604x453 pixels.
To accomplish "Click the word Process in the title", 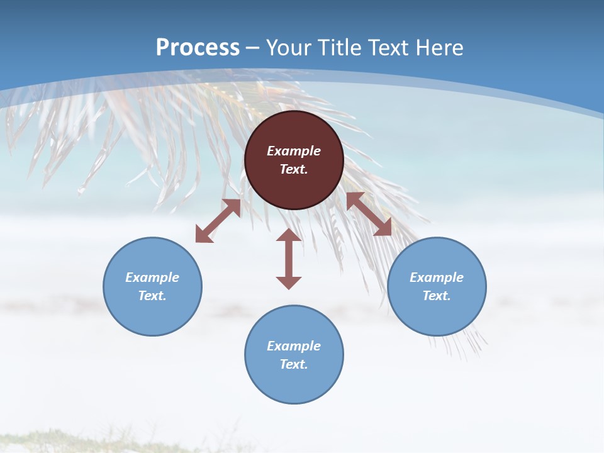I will coord(198,47).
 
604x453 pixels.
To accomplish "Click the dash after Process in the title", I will coord(253,48).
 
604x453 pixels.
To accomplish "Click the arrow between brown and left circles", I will coord(218,221).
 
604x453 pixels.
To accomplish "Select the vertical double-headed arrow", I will coord(289,259).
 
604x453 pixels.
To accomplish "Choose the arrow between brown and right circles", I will coord(369,215).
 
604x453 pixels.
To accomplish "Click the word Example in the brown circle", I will coord(294,151).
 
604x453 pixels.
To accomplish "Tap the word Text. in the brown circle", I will coord(294,169).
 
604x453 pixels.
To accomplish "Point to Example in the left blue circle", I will coord(152,277).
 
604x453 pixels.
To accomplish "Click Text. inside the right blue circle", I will coord(437,296).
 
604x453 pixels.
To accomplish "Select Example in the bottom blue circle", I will coord(294,346).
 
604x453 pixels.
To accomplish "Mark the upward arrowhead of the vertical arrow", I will coord(289,235).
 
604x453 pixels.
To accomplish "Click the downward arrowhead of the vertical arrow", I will coord(289,282).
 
